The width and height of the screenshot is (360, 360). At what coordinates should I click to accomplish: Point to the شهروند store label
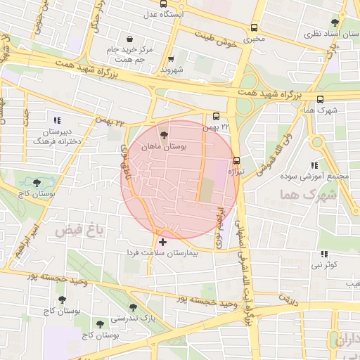[x=172, y=70]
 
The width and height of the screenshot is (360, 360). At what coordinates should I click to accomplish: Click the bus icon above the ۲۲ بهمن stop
[x=216, y=117]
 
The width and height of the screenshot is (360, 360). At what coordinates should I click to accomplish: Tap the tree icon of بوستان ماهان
[x=164, y=135]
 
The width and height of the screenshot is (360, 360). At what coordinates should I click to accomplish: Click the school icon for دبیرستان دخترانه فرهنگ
[x=57, y=120]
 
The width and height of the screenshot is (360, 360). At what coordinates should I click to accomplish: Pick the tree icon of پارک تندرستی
[x=133, y=307]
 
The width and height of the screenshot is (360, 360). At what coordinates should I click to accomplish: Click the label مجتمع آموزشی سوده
[x=323, y=175]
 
